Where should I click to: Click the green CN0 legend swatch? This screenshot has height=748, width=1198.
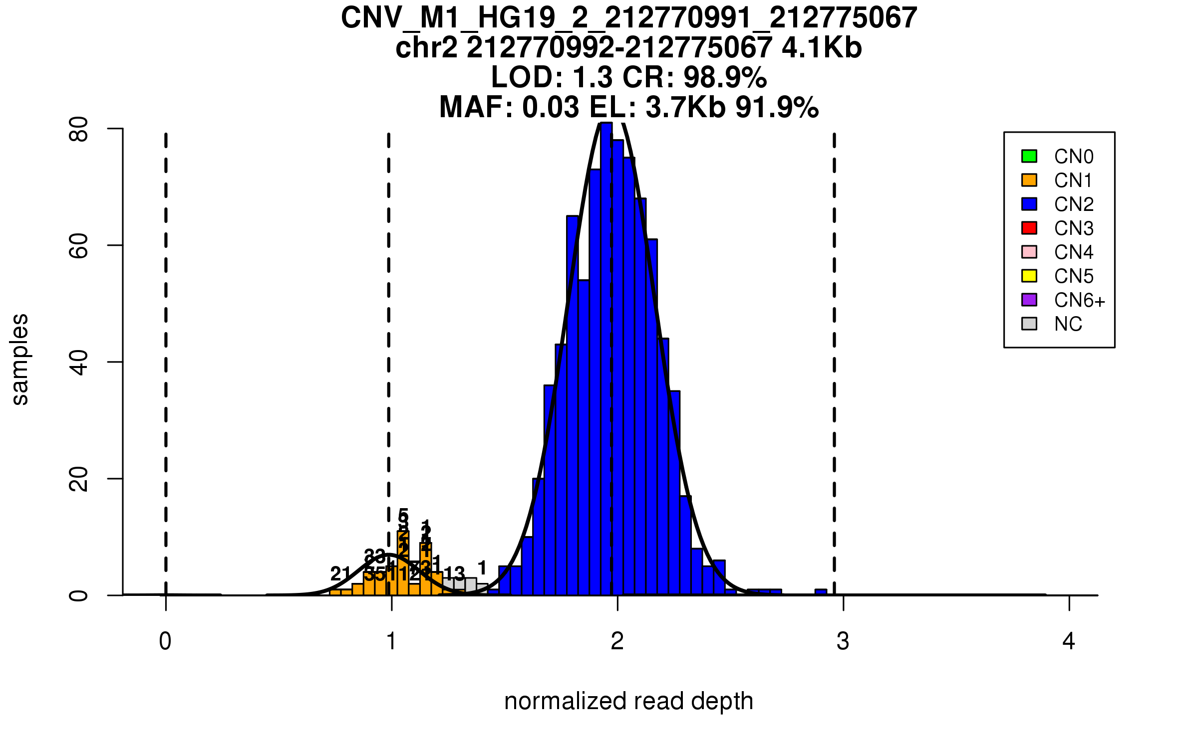pyautogui.click(x=1029, y=156)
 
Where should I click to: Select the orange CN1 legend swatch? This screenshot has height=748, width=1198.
pyautogui.click(x=1029, y=180)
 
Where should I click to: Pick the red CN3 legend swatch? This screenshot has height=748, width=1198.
pyautogui.click(x=1029, y=228)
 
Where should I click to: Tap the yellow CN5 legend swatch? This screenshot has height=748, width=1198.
pyautogui.click(x=1029, y=276)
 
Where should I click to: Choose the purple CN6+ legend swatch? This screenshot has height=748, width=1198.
pyautogui.click(x=1029, y=300)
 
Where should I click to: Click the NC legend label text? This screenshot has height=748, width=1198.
pyautogui.click(x=1068, y=324)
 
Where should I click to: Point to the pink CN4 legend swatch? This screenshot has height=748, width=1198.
pyautogui.click(x=1029, y=252)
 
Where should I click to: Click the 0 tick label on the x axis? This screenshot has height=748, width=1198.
pyautogui.click(x=165, y=641)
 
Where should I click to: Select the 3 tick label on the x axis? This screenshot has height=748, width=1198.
pyautogui.click(x=843, y=641)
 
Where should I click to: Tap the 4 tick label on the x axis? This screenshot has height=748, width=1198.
pyautogui.click(x=1069, y=641)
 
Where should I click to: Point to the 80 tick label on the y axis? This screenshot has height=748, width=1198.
pyautogui.click(x=79, y=129)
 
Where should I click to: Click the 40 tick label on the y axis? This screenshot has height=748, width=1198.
pyautogui.click(x=79, y=362)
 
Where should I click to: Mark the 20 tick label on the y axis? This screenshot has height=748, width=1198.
pyautogui.click(x=79, y=479)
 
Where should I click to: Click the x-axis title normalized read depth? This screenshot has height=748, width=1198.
pyautogui.click(x=628, y=701)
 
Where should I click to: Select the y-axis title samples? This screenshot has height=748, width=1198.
pyautogui.click(x=20, y=359)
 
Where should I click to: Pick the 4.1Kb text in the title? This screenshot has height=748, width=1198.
pyautogui.click(x=822, y=48)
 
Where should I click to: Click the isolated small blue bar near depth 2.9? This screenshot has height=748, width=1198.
pyautogui.click(x=821, y=592)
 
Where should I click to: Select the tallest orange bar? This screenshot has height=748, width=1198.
pyautogui.click(x=403, y=563)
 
